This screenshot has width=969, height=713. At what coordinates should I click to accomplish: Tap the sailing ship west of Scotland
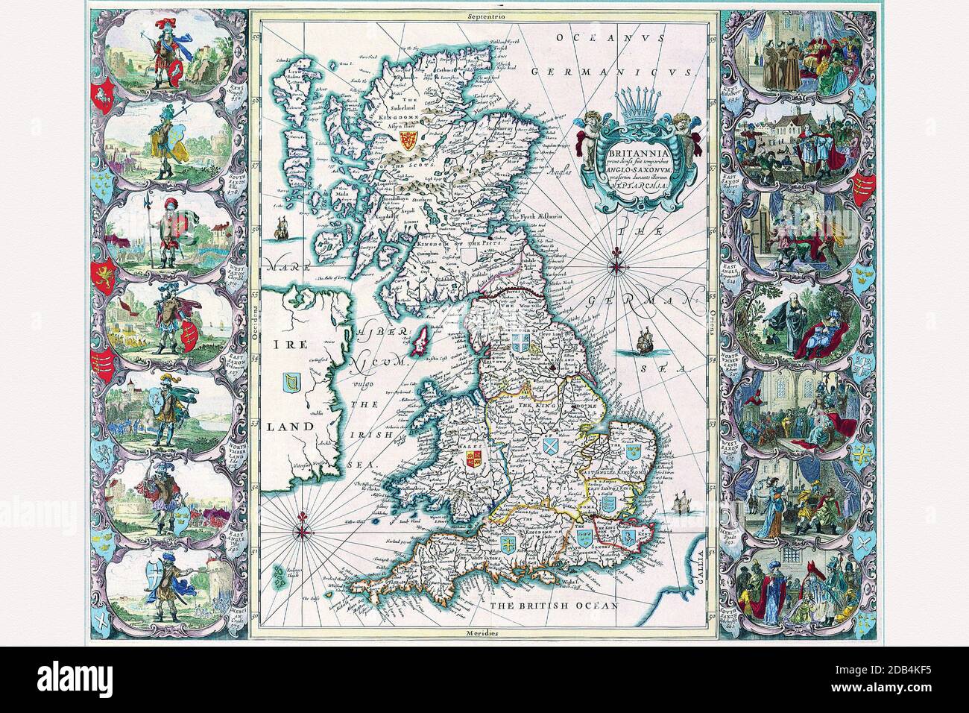tap(283, 227)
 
